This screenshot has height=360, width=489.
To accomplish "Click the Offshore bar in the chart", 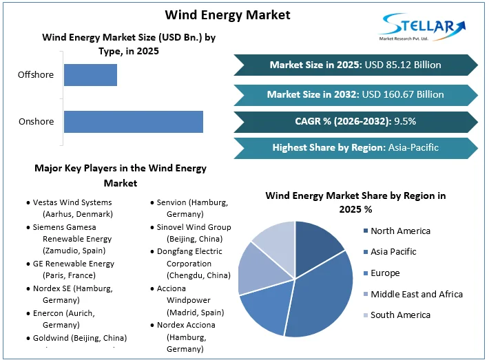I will point(90,74).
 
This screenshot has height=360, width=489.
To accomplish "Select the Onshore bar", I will point(133,122).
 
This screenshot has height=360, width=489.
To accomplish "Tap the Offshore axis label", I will point(37,74).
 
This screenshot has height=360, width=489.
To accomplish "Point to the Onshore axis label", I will point(37,122).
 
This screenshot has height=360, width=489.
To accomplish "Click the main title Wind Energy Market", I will point(228,14).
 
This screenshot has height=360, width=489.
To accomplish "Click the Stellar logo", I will point(423,28).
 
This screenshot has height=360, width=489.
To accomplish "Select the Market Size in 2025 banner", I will point(355,65).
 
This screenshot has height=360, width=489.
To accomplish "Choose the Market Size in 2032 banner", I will point(355,94).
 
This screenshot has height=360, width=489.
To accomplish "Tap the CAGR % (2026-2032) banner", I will point(355,121).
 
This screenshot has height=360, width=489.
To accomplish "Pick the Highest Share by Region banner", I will point(355,147).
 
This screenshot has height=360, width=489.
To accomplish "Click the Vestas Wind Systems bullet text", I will point(72,209).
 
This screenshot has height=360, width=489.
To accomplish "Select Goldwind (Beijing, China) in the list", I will point(79,338).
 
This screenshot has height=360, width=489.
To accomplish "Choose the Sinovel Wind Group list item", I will point(193,233).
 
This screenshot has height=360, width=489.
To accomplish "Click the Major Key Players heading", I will point(121,176).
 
